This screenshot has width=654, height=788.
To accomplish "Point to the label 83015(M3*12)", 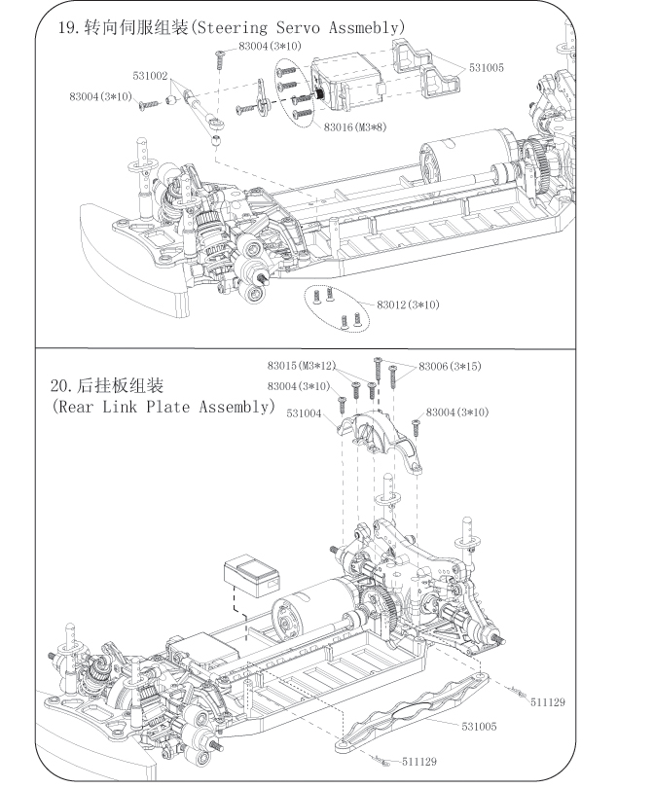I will [x=302, y=366].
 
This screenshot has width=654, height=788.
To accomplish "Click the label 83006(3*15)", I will [x=450, y=366].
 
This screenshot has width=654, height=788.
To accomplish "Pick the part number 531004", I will [x=305, y=412].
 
